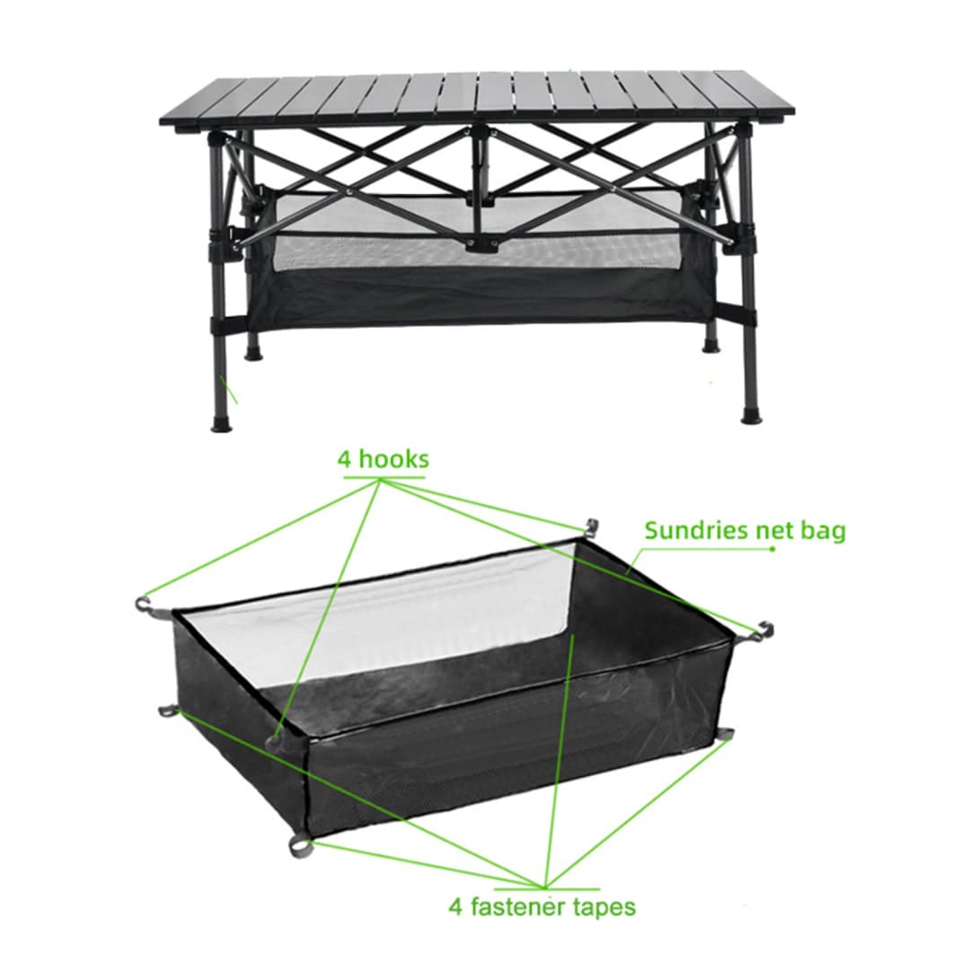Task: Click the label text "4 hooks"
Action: [x=383, y=459]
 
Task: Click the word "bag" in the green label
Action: [x=824, y=532]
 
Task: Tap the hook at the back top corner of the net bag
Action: [x=589, y=526]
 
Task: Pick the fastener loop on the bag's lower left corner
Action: [x=167, y=711]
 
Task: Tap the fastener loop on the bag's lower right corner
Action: [x=725, y=735]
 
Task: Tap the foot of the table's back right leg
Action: [x=712, y=344]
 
